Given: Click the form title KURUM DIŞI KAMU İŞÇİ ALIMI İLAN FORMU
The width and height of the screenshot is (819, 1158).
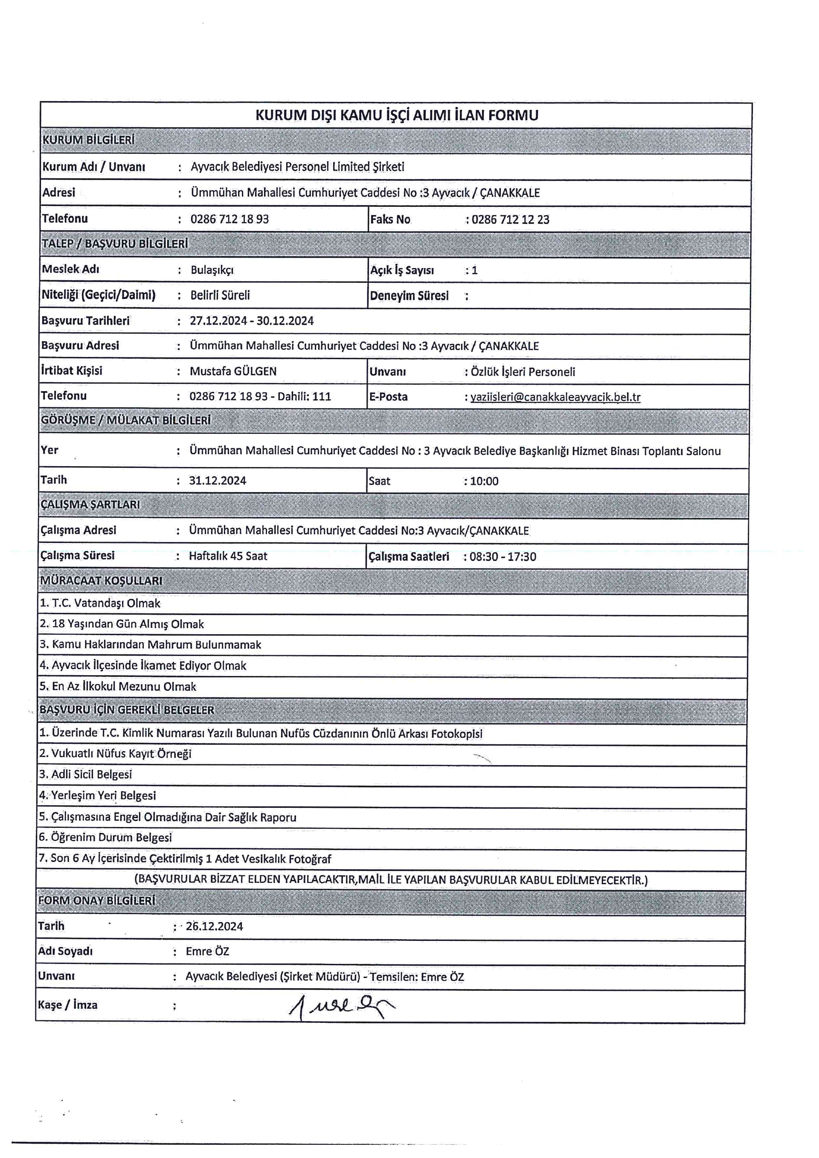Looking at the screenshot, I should point(396,116).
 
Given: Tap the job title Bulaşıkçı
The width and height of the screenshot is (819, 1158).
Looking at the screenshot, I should point(212,270).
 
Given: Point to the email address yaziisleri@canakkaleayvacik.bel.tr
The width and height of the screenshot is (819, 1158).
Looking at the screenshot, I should point(555,397).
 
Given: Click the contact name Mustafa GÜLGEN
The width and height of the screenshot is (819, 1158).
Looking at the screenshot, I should point(233,371).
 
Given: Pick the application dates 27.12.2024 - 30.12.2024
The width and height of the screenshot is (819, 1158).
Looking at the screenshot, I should point(252,321).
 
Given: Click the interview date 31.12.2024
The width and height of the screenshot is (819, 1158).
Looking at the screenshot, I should point(218,480).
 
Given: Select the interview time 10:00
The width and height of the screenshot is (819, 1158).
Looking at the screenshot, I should point(484,481).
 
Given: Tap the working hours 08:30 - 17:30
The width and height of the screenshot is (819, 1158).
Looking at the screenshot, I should point(503,557).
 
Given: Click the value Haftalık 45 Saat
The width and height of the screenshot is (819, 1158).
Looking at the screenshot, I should point(228,556).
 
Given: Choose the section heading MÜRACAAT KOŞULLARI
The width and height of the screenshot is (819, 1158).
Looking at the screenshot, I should point(102,581).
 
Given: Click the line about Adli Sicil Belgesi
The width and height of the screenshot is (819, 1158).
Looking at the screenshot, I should point(86,774).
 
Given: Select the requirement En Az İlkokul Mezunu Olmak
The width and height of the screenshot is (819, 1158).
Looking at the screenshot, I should point(118,686).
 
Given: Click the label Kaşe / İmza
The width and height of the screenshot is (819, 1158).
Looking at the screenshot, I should point(67,1005).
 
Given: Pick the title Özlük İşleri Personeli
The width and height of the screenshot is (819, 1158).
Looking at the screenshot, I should point(523,372).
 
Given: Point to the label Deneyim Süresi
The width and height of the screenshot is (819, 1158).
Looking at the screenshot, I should point(409,296).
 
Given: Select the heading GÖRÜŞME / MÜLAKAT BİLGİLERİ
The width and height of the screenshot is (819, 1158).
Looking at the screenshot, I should point(125,420).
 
